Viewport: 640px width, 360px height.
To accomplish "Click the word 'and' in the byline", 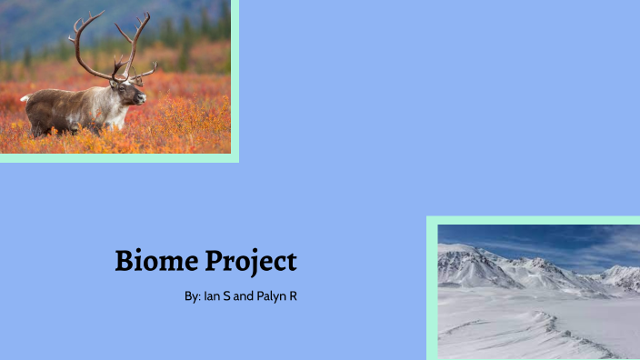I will pyautogui.click(x=243, y=296).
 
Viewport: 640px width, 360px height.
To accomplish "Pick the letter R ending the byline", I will pyautogui.click(x=294, y=296).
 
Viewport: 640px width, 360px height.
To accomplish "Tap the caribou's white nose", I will pyautogui.click(x=143, y=96).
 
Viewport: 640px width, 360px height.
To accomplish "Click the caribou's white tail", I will pyautogui.click(x=25, y=97).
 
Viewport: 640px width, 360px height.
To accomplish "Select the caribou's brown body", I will pyautogui.click(x=64, y=105).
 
